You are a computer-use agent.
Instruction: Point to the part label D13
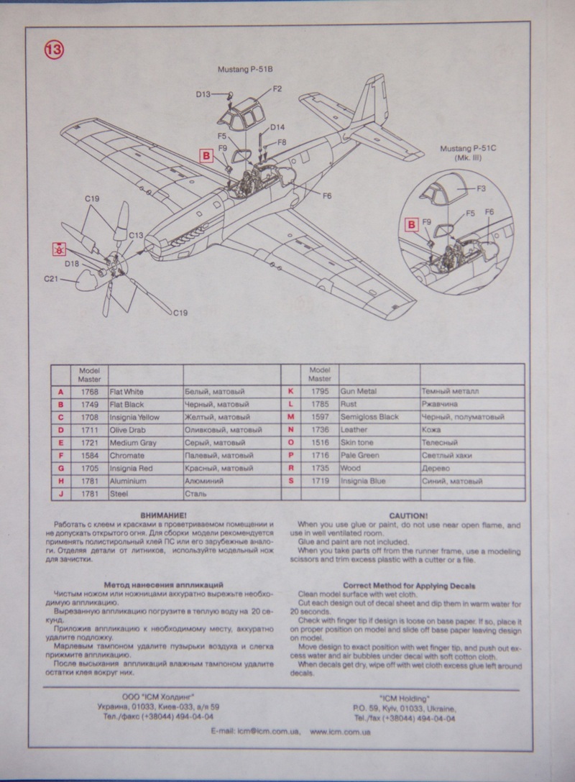tap(203, 94)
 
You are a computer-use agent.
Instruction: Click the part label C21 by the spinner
tap(51, 279)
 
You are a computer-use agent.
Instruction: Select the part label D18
tap(72, 264)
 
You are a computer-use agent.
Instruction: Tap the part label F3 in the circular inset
tap(482, 188)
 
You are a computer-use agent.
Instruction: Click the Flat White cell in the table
tap(126, 392)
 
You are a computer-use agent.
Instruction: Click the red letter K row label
tap(290, 392)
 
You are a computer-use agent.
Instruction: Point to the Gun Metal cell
tap(358, 392)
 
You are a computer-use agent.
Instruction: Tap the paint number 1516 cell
tap(320, 456)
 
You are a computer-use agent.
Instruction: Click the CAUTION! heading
tap(408, 516)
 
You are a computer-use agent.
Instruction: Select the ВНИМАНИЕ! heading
tap(165, 516)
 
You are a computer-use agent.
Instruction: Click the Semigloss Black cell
tap(369, 417)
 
